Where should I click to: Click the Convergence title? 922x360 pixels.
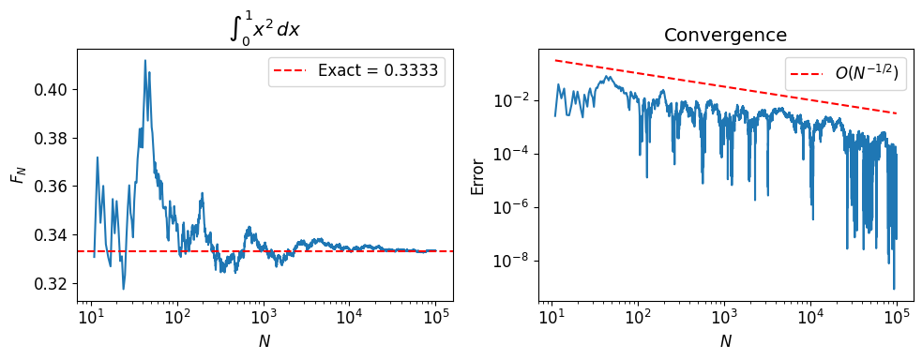tap(725, 36)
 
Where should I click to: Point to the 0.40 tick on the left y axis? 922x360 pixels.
tap(53, 90)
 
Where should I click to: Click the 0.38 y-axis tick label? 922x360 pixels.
tap(53, 139)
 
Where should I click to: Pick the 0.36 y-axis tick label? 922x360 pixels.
tap(53, 187)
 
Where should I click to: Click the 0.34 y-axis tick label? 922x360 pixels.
tap(53, 235)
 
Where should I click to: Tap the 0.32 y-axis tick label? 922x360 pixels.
tap(53, 283)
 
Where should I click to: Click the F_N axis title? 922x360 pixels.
tap(17, 173)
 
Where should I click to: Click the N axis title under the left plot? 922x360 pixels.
tap(265, 342)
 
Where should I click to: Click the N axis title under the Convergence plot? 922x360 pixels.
tap(725, 342)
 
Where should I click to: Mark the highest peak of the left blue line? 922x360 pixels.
tap(144, 60)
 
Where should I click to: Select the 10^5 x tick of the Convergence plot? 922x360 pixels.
tap(897, 318)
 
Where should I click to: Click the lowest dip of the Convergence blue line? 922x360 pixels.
tap(893, 289)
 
